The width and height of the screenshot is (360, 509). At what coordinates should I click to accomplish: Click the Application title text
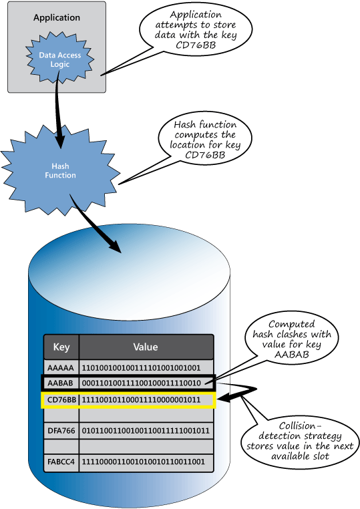[57, 17]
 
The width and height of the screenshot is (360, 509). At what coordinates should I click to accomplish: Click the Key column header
[61, 347]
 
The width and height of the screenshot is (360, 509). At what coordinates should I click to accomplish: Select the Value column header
[146, 347]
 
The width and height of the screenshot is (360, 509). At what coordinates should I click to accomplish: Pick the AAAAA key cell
[61, 367]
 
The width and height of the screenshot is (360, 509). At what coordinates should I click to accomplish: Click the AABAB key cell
[61, 383]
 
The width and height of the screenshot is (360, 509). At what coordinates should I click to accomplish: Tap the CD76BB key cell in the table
[61, 400]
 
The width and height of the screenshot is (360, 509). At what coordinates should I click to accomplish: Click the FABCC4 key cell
[61, 462]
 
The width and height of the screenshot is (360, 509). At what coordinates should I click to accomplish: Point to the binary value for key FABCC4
[143, 462]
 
